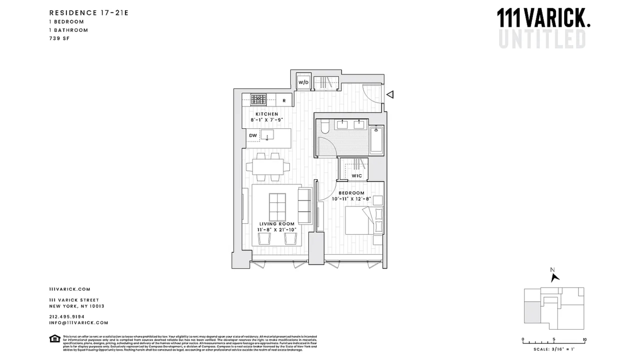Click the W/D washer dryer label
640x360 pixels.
pyautogui.click(x=303, y=82)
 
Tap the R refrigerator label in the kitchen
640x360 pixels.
pyautogui.click(x=284, y=101)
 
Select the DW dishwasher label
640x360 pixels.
pyautogui.click(x=253, y=135)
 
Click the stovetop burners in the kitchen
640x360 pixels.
pyautogui.click(x=258, y=99)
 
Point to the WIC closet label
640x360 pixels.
pyautogui.click(x=357, y=176)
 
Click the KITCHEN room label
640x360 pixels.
pyautogui.click(x=267, y=114)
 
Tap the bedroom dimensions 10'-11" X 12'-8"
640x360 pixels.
pyautogui.click(x=351, y=199)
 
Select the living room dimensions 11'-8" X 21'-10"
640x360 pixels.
pyautogui.click(x=277, y=230)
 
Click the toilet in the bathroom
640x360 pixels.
pyautogui.click(x=325, y=127)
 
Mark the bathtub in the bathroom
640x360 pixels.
pyautogui.click(x=376, y=140)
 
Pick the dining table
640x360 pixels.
pyautogui.click(x=268, y=167)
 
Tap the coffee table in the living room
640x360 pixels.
pyautogui.click(x=277, y=207)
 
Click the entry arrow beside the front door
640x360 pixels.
pyautogui.click(x=390, y=95)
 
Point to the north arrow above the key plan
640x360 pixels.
pyautogui.click(x=555, y=277)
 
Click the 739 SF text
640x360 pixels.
pyautogui.click(x=60, y=38)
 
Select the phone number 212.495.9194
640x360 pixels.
pyautogui.click(x=67, y=317)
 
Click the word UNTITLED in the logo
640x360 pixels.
pyautogui.click(x=542, y=39)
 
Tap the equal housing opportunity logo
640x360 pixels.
pyautogui.click(x=55, y=339)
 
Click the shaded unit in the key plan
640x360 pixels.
pyautogui.click(x=532, y=312)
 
